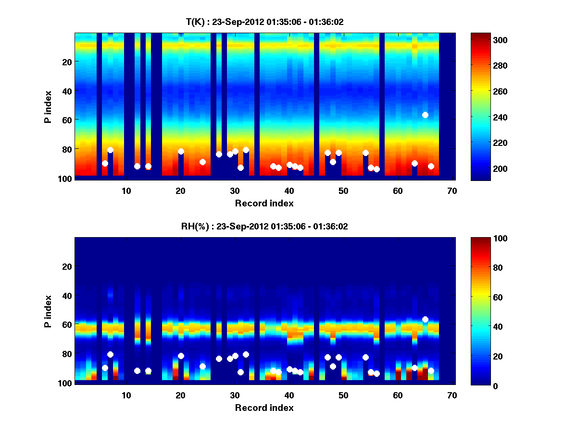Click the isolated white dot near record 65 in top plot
pos(425,115)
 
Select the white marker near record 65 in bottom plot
pos(425,319)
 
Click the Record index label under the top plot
pos(264,204)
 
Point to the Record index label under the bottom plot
pos(264,408)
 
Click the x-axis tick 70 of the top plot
pos(452,191)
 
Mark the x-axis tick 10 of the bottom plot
pos(126,395)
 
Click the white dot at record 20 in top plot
pos(181,151)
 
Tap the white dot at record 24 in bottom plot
pos(202,366)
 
